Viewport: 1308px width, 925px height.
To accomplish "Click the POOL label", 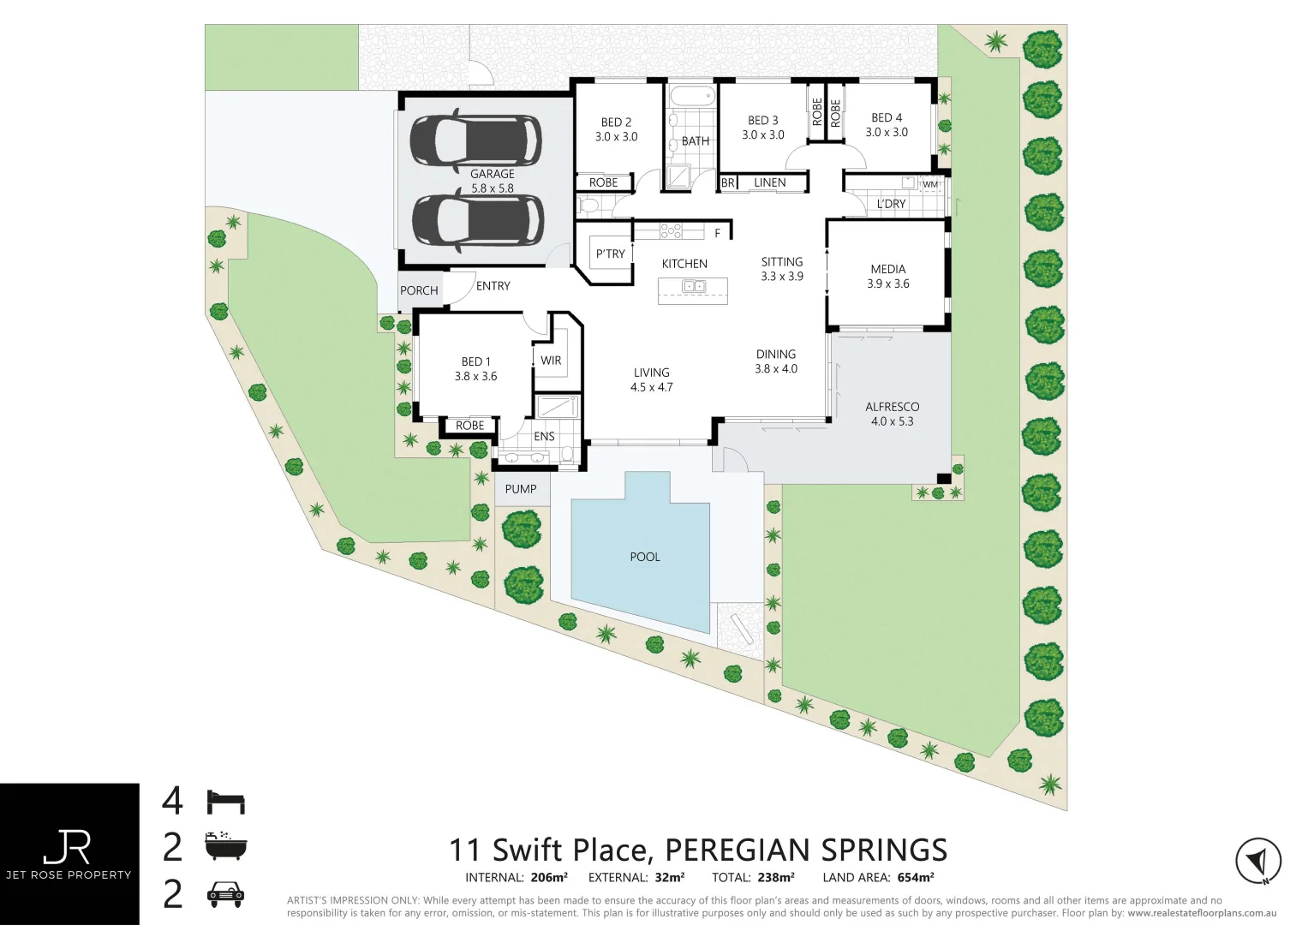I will tap(644, 557).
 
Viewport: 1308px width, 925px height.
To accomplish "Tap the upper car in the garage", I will tap(475, 139).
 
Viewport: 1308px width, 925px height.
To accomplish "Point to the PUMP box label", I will tap(521, 489).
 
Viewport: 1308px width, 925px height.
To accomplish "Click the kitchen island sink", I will tap(693, 286).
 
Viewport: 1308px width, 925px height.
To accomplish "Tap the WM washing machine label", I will tap(930, 184).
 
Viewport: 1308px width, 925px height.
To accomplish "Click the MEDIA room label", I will tap(887, 269).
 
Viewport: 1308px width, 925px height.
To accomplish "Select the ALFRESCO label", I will tap(892, 407).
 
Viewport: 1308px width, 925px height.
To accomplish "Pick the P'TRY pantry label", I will tap(610, 254).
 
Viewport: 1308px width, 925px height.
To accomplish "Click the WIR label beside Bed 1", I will tap(551, 361).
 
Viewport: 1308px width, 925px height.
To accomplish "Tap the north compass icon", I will tap(1257, 861).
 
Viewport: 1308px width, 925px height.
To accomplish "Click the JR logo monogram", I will tap(68, 847).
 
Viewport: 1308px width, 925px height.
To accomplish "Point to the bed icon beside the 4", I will tap(226, 802).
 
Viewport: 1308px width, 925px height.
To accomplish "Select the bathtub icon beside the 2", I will tap(226, 846).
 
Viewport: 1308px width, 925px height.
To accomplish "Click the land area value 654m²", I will tap(916, 877).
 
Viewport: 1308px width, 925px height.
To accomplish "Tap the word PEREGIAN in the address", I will tap(738, 850).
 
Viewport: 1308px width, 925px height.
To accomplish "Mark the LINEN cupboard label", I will tap(769, 182).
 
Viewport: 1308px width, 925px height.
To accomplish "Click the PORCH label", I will tap(419, 290).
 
